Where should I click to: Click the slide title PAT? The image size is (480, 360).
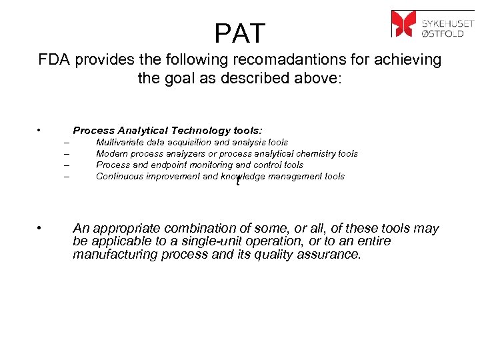click(x=240, y=33)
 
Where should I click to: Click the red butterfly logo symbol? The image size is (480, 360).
click(x=403, y=23)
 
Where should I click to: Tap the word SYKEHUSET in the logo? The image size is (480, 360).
click(x=447, y=18)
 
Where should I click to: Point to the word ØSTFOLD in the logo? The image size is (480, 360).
click(x=447, y=30)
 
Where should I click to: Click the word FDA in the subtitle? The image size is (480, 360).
click(x=54, y=60)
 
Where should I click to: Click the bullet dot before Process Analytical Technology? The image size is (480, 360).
click(x=41, y=130)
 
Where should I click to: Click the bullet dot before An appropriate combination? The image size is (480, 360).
click(x=41, y=227)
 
